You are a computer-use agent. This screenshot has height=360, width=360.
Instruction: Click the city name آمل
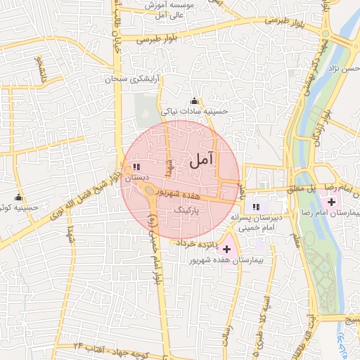[x=201, y=161]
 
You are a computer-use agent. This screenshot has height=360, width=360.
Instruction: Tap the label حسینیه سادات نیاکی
[x=195, y=111]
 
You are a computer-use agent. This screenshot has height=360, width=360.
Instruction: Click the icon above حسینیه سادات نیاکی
[x=195, y=101]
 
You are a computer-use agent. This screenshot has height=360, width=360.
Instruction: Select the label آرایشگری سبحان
[x=131, y=79]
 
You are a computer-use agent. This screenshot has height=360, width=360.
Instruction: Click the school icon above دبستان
[x=136, y=167]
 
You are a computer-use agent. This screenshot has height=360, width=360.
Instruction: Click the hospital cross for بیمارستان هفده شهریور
[x=226, y=249]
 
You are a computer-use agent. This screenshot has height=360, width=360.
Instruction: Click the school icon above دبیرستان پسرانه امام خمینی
[x=256, y=207]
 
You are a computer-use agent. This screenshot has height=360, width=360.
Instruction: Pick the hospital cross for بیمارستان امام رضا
[x=331, y=202]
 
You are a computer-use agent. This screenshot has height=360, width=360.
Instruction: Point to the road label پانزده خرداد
[x=198, y=243]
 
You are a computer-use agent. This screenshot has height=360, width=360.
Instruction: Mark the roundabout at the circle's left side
[x=150, y=190]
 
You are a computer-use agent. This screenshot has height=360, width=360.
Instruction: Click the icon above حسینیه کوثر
[x=19, y=198]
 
